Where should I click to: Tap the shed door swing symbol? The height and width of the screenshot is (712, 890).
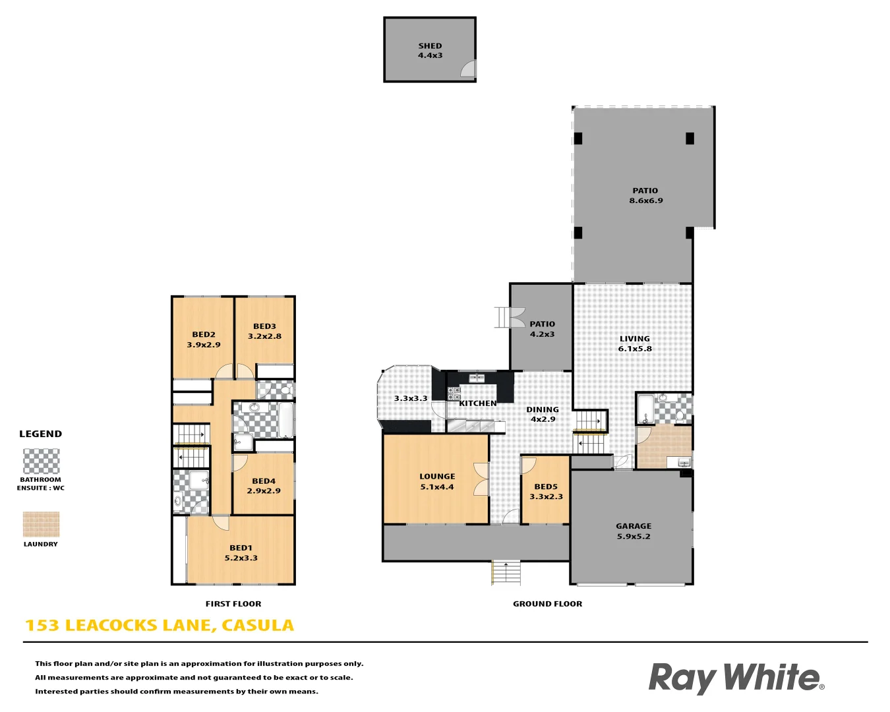[x=468, y=69]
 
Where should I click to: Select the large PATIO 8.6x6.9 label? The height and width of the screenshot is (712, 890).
[x=645, y=196]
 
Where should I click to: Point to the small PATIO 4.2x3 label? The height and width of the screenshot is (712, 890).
[x=542, y=329]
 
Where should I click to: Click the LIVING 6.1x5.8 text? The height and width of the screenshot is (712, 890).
[x=635, y=343]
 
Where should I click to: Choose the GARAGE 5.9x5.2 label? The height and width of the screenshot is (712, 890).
[x=634, y=531]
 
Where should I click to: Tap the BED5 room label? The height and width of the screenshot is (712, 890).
[x=546, y=492]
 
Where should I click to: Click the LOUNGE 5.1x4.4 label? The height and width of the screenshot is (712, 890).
[x=437, y=482]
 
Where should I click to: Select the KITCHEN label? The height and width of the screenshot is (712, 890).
[x=478, y=403]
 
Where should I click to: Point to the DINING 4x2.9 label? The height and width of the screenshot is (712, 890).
[x=543, y=414]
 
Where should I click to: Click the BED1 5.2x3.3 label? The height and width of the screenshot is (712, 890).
[x=241, y=552]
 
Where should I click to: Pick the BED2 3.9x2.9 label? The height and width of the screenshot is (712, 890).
[x=204, y=340]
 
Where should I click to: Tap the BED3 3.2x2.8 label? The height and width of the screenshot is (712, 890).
[x=264, y=331]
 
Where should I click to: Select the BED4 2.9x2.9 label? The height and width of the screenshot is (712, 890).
[x=264, y=486]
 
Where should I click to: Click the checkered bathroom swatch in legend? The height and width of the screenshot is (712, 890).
[x=41, y=461]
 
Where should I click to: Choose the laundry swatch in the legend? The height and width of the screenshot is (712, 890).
[x=41, y=525]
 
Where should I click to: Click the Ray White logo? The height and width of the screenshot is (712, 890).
[x=736, y=678]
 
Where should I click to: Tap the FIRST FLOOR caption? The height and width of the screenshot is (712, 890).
[x=233, y=604]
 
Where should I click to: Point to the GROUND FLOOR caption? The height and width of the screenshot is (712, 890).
[x=547, y=604]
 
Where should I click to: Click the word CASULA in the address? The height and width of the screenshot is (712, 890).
[x=258, y=626]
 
